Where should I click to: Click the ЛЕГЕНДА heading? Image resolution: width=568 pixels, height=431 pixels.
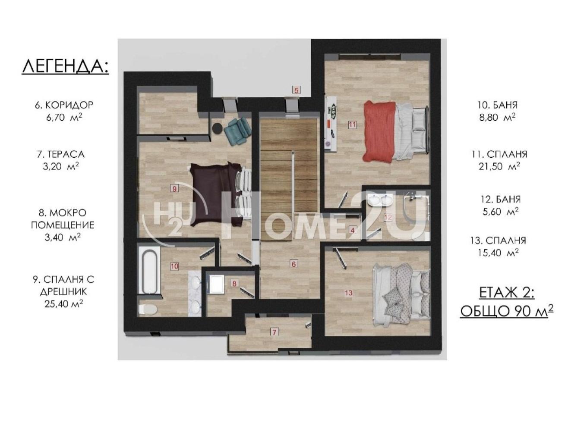(x=65, y=67)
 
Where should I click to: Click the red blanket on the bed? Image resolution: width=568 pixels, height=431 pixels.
(x=379, y=132)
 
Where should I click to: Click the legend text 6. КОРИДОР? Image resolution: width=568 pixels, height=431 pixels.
(x=64, y=105)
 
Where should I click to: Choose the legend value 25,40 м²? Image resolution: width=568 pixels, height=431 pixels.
(x=63, y=304)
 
